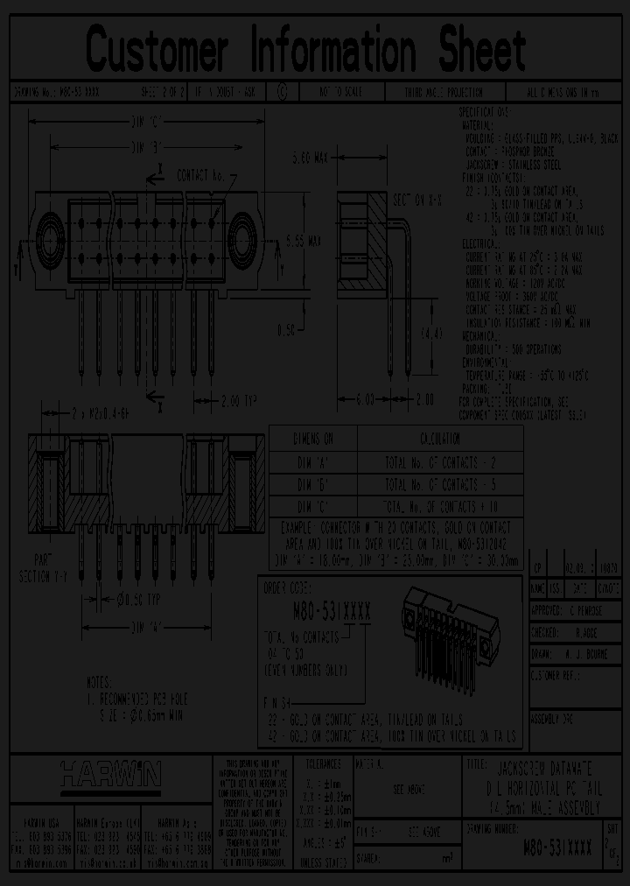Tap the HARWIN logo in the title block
110,772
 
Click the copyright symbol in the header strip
282,91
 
